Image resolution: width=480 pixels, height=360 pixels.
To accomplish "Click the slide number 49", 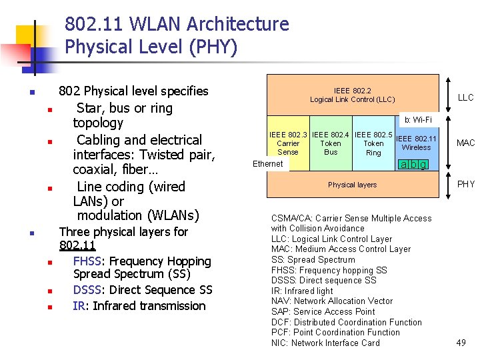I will pos(461,343).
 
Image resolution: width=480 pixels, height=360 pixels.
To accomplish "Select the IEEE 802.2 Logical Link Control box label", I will pos(352,95).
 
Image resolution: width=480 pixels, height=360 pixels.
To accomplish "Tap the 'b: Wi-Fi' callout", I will pos(418,120).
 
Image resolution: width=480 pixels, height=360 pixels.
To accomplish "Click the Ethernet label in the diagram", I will pos(268,164).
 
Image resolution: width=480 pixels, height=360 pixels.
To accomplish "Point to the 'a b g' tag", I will pos(413,165).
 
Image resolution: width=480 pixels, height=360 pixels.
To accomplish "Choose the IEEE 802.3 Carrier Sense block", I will pos(288,143).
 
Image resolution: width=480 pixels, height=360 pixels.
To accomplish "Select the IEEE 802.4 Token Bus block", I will pos(331,143).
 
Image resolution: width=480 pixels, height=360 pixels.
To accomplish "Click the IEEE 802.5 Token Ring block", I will pos(373,143).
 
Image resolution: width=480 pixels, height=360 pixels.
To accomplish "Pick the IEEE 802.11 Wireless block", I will pos(416,143).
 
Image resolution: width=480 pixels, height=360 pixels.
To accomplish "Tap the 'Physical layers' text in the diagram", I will pos(352,185).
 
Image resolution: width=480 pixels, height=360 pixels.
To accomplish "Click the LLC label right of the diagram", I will pos(465,98).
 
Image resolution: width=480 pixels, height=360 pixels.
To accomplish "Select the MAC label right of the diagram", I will pos(465,143).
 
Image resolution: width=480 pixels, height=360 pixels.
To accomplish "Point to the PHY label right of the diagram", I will pos(465,185).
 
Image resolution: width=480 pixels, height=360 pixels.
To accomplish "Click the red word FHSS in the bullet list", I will pos(87,261).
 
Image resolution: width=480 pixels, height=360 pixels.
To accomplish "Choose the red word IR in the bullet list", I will pos(78,306).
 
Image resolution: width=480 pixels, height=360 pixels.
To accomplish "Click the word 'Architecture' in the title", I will pos(238,24).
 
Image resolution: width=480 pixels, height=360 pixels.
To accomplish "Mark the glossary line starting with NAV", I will pos(332,301).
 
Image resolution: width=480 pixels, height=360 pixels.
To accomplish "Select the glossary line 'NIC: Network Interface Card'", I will pos(325,343).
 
